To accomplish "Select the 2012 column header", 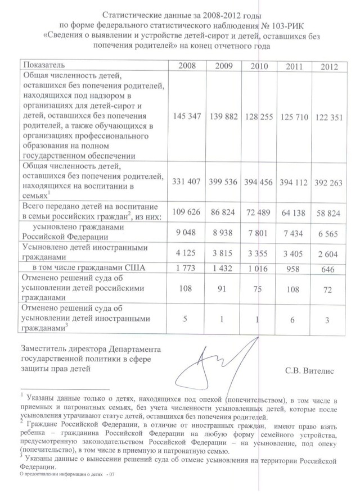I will [x=329, y=67].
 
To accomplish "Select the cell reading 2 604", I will [x=329, y=252].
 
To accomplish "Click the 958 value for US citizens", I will [x=295, y=268].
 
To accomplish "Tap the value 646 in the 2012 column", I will [x=329, y=269].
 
